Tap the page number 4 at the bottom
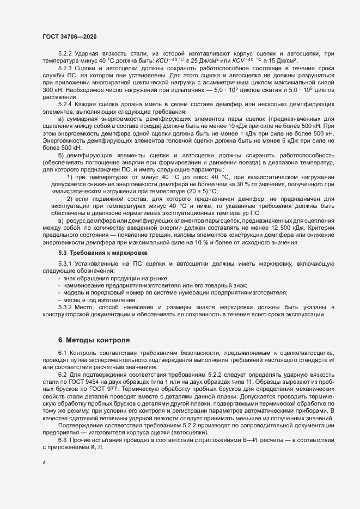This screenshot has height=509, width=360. click(44, 463)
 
